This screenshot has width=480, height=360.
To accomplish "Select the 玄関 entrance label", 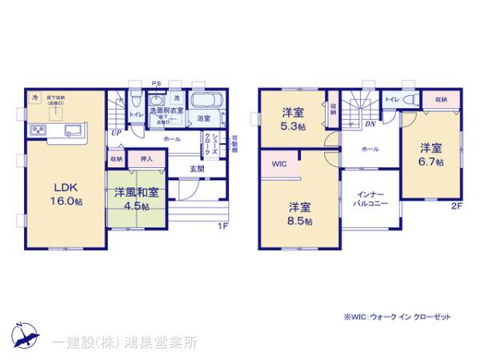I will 197,169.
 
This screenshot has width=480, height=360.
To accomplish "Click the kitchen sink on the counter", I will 66,130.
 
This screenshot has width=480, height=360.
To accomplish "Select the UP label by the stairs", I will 117,133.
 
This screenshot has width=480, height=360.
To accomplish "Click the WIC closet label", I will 278,164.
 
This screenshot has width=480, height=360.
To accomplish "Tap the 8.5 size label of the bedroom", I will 302,221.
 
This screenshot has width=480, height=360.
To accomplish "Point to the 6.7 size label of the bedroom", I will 432,161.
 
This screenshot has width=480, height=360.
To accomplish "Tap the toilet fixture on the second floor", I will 409,101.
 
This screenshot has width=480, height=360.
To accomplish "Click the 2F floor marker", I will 457,206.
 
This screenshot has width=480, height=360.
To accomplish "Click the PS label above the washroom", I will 156,83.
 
